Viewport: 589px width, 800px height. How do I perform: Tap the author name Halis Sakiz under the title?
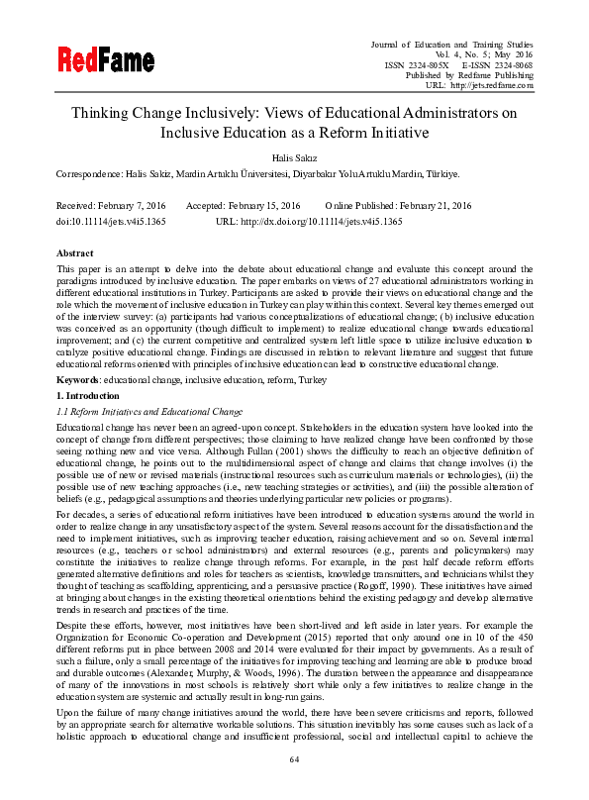294,155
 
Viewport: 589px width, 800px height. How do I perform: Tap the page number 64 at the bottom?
294,759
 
